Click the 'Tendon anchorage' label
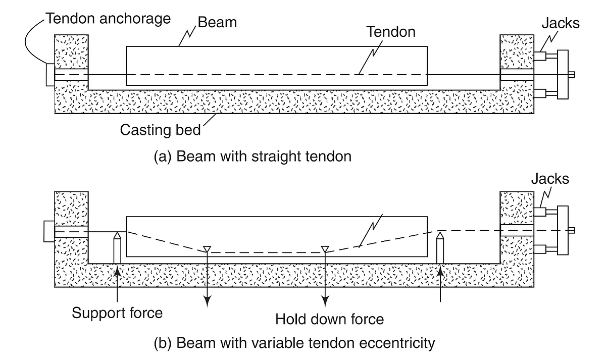tap(108, 19)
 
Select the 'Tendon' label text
tap(391, 32)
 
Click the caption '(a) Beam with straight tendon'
tap(252, 157)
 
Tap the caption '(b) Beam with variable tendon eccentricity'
tap(294, 344)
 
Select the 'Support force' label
tap(117, 313)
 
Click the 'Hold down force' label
tap(329, 319)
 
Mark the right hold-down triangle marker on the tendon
tap(325, 248)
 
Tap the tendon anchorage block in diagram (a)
tap(49, 75)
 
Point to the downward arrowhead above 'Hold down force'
tap(325, 301)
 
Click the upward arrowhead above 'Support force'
tap(117, 270)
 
